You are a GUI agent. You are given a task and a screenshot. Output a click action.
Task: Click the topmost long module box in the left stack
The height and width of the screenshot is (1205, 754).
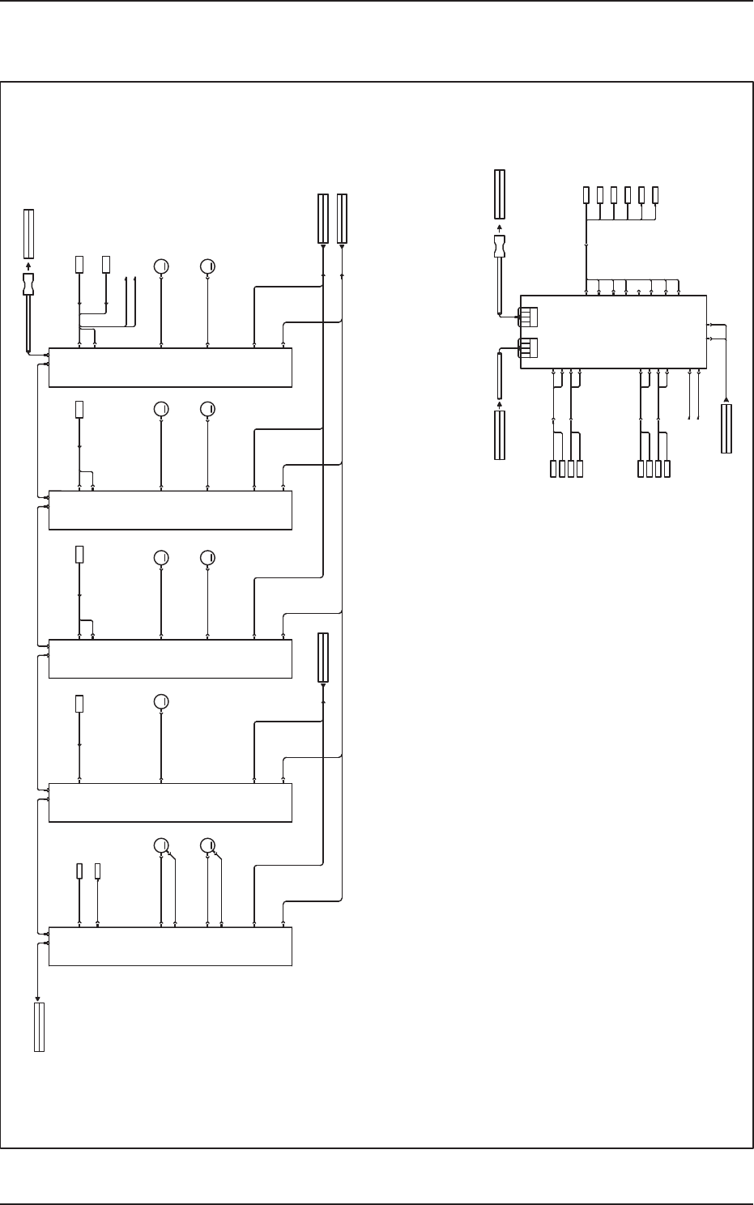point(170,368)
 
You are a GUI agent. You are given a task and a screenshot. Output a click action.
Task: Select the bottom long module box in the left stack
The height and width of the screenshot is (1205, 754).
point(170,946)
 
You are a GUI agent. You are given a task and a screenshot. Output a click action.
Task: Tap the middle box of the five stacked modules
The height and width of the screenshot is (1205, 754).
point(170,658)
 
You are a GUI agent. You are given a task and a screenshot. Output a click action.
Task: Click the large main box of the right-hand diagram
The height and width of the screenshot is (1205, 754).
point(613,332)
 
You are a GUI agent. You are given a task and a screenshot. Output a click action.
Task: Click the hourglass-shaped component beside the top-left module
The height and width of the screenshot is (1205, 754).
point(29,283)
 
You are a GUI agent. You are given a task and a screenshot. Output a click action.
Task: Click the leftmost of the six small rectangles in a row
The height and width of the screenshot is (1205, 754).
point(586,194)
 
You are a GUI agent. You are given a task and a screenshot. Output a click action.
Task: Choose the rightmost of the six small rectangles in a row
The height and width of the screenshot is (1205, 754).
point(655,194)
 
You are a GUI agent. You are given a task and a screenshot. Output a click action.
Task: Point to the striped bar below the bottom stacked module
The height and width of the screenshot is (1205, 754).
point(39,1027)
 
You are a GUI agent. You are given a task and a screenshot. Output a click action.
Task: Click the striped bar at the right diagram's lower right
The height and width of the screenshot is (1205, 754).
point(726,429)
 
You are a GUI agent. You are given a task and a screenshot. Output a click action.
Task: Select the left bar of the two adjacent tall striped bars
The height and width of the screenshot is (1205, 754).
point(322,218)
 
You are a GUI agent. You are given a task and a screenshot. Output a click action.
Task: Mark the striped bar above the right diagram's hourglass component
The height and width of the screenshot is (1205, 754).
point(500,194)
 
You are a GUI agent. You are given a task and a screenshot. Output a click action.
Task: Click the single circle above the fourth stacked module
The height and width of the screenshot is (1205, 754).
point(161,701)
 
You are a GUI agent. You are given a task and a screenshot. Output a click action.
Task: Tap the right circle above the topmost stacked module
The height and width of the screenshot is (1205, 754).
point(207,265)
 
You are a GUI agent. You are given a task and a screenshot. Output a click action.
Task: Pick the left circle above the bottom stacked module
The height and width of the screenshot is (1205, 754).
point(161,845)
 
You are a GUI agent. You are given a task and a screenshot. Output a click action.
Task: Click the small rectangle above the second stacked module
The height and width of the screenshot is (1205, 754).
point(79,409)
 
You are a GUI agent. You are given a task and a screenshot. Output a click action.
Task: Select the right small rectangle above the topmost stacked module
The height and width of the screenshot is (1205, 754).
point(106,264)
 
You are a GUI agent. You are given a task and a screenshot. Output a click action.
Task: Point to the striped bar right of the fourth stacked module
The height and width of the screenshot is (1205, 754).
point(323,658)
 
